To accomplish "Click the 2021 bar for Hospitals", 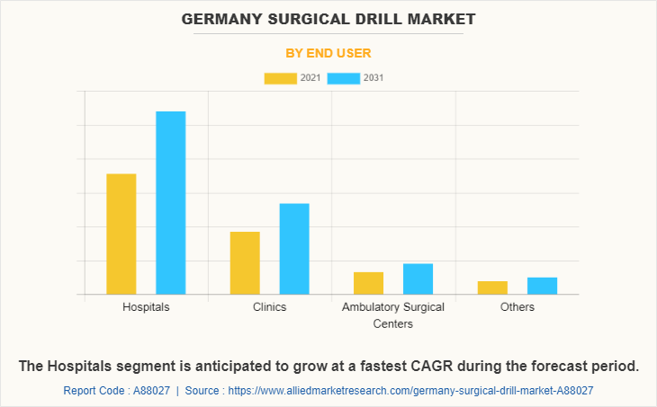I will (121, 234).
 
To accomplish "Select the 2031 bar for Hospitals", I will (171, 203).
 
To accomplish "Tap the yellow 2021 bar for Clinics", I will (245, 263).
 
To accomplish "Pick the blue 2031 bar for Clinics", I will (294, 249).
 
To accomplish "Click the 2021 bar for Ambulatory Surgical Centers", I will (368, 283).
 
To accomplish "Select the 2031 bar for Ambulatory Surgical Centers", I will (418, 279).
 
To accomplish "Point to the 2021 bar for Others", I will (492, 288).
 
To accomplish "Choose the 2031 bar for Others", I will (542, 286).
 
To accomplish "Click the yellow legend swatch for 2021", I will (280, 78).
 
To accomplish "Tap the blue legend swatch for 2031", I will (344, 78).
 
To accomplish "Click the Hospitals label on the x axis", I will (146, 307).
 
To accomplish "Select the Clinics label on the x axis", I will (270, 307).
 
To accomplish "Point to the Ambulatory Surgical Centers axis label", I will (393, 315).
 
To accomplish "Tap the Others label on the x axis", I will (517, 307).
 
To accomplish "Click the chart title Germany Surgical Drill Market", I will (328, 19).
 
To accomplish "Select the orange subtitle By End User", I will (328, 53).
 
